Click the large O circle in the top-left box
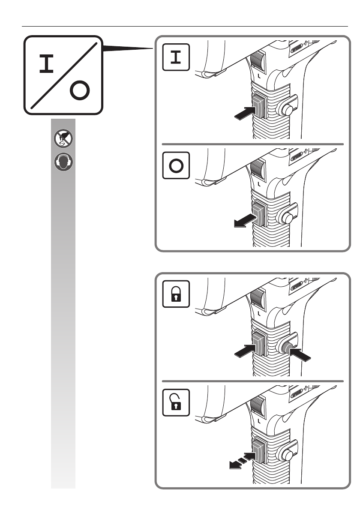80,91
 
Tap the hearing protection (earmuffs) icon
63,163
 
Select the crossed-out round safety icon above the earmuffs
63,138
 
